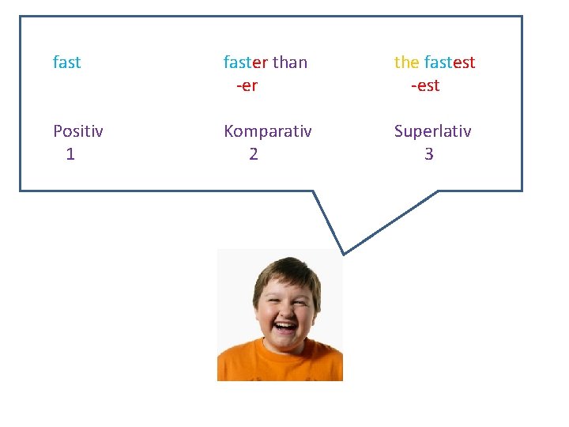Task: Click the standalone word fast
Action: pos(66,62)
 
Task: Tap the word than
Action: pos(290,62)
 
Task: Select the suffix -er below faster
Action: pos(247,85)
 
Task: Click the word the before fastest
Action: pos(407,62)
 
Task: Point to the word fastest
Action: pos(450,62)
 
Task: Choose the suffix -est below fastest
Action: pos(425,85)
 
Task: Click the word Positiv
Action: pos(77,131)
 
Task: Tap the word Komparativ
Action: pos(268,131)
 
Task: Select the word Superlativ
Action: pos(433,131)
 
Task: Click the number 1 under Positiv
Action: pos(70,154)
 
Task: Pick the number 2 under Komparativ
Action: pos(253,154)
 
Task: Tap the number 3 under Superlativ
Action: pos(428,154)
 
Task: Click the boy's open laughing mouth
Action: pos(284,326)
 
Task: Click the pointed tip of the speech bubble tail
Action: pos(343,253)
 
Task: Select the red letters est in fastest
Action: pos(464,62)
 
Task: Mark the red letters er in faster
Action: pos(259,62)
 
